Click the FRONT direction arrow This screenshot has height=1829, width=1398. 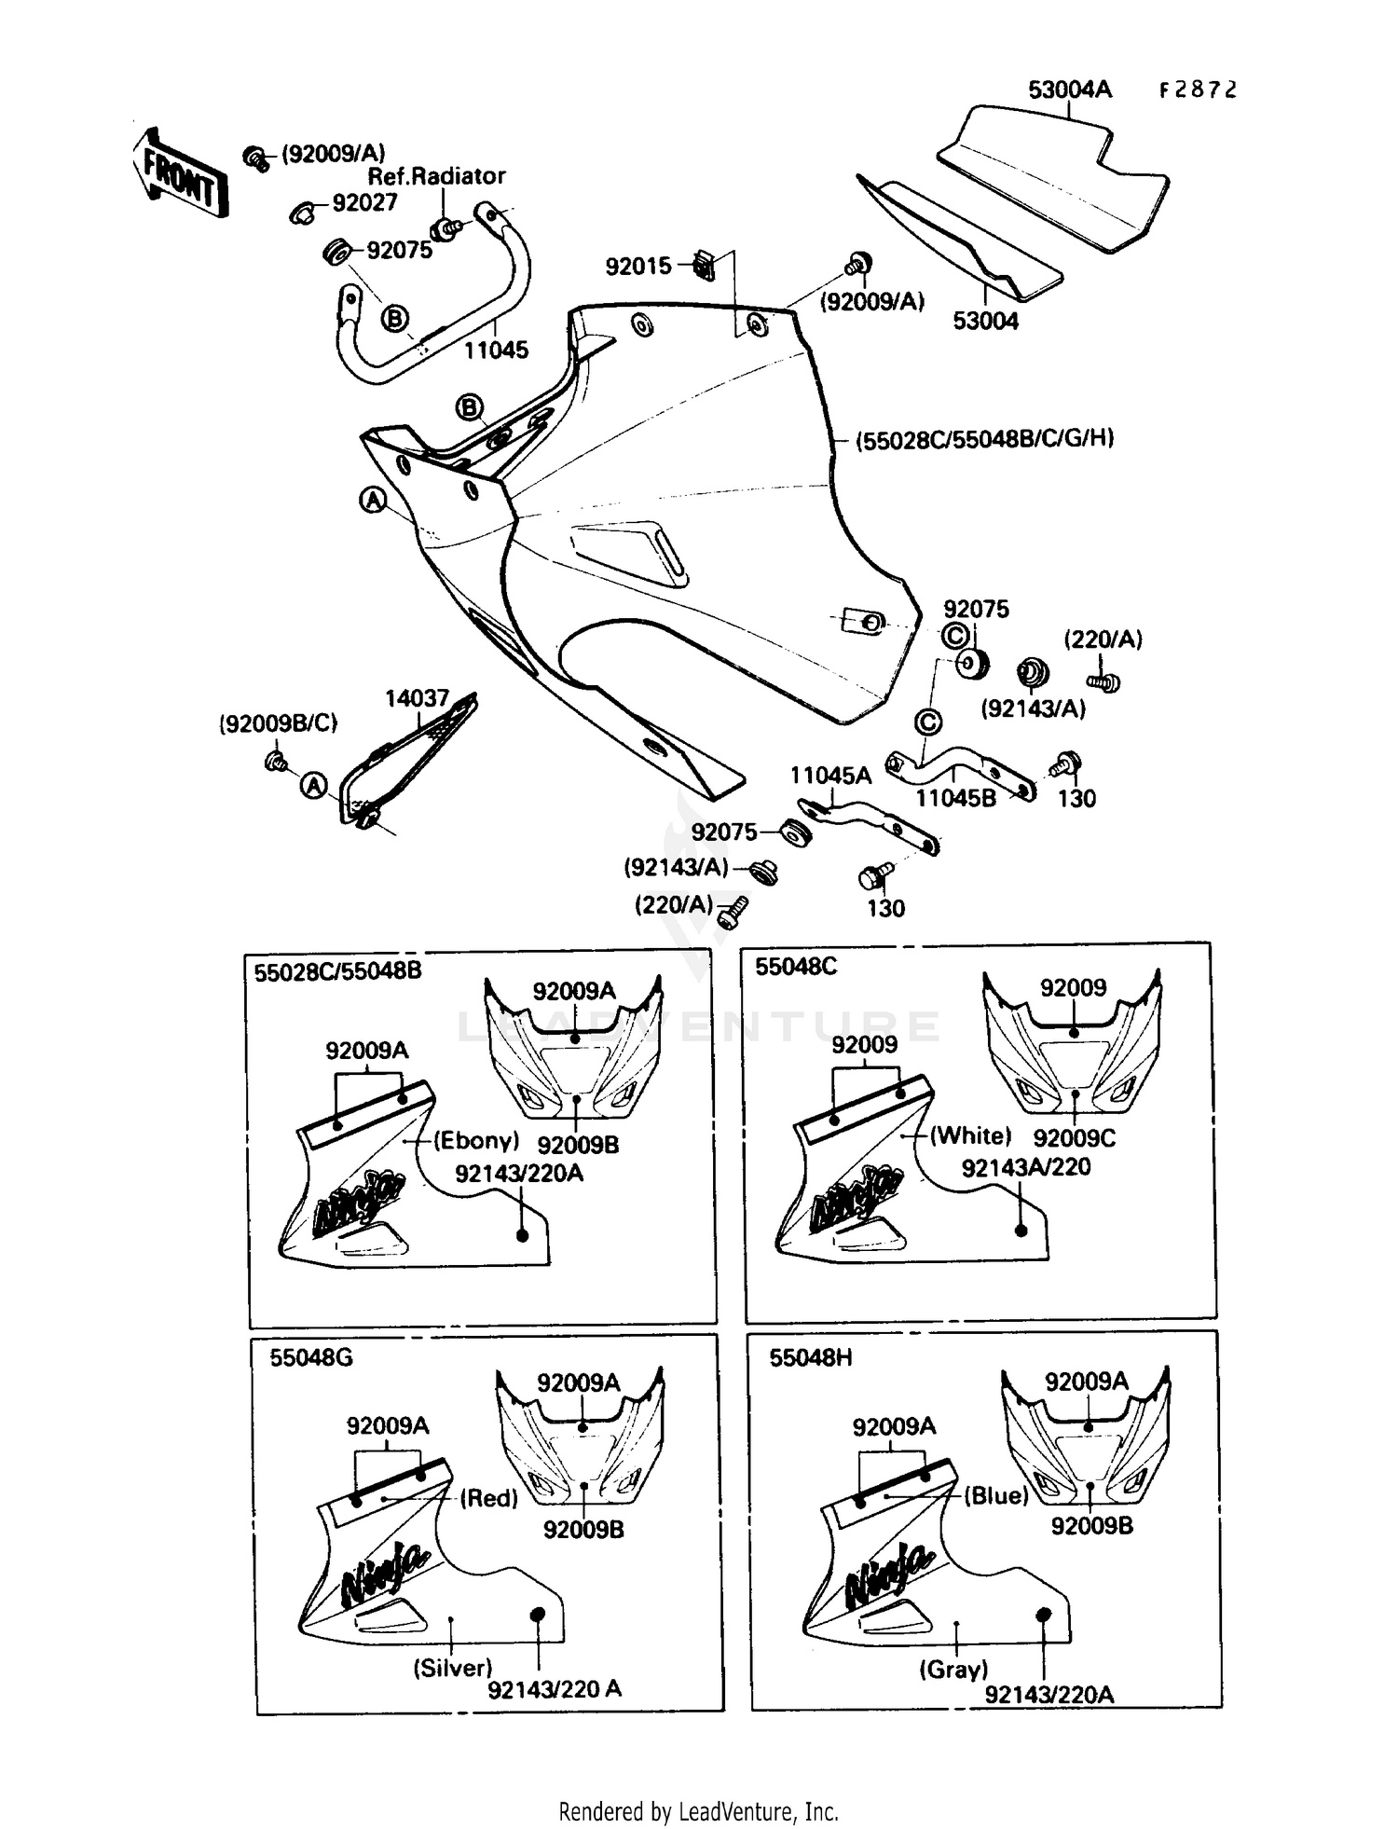(181, 175)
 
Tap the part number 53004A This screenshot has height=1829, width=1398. (1069, 89)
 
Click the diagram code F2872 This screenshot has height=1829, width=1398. (1198, 89)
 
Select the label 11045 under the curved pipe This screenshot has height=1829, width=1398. (496, 350)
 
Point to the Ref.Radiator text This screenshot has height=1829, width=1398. (436, 175)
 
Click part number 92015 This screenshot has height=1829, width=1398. (638, 267)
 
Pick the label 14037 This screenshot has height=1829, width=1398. (418, 698)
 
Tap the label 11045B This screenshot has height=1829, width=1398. (955, 798)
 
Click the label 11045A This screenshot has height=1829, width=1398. (830, 776)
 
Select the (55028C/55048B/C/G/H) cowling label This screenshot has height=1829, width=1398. (985, 438)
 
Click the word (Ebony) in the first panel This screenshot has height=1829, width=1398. (476, 1140)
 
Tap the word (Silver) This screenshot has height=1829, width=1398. (452, 1668)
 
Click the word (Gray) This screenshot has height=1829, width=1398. (953, 1669)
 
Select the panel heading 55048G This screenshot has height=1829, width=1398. (311, 1357)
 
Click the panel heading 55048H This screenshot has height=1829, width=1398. (810, 1357)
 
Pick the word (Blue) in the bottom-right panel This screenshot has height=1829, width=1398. (995, 1496)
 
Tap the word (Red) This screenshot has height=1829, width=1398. (489, 1498)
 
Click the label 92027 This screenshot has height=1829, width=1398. (364, 203)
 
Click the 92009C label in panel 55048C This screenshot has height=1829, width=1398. (1074, 1138)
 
